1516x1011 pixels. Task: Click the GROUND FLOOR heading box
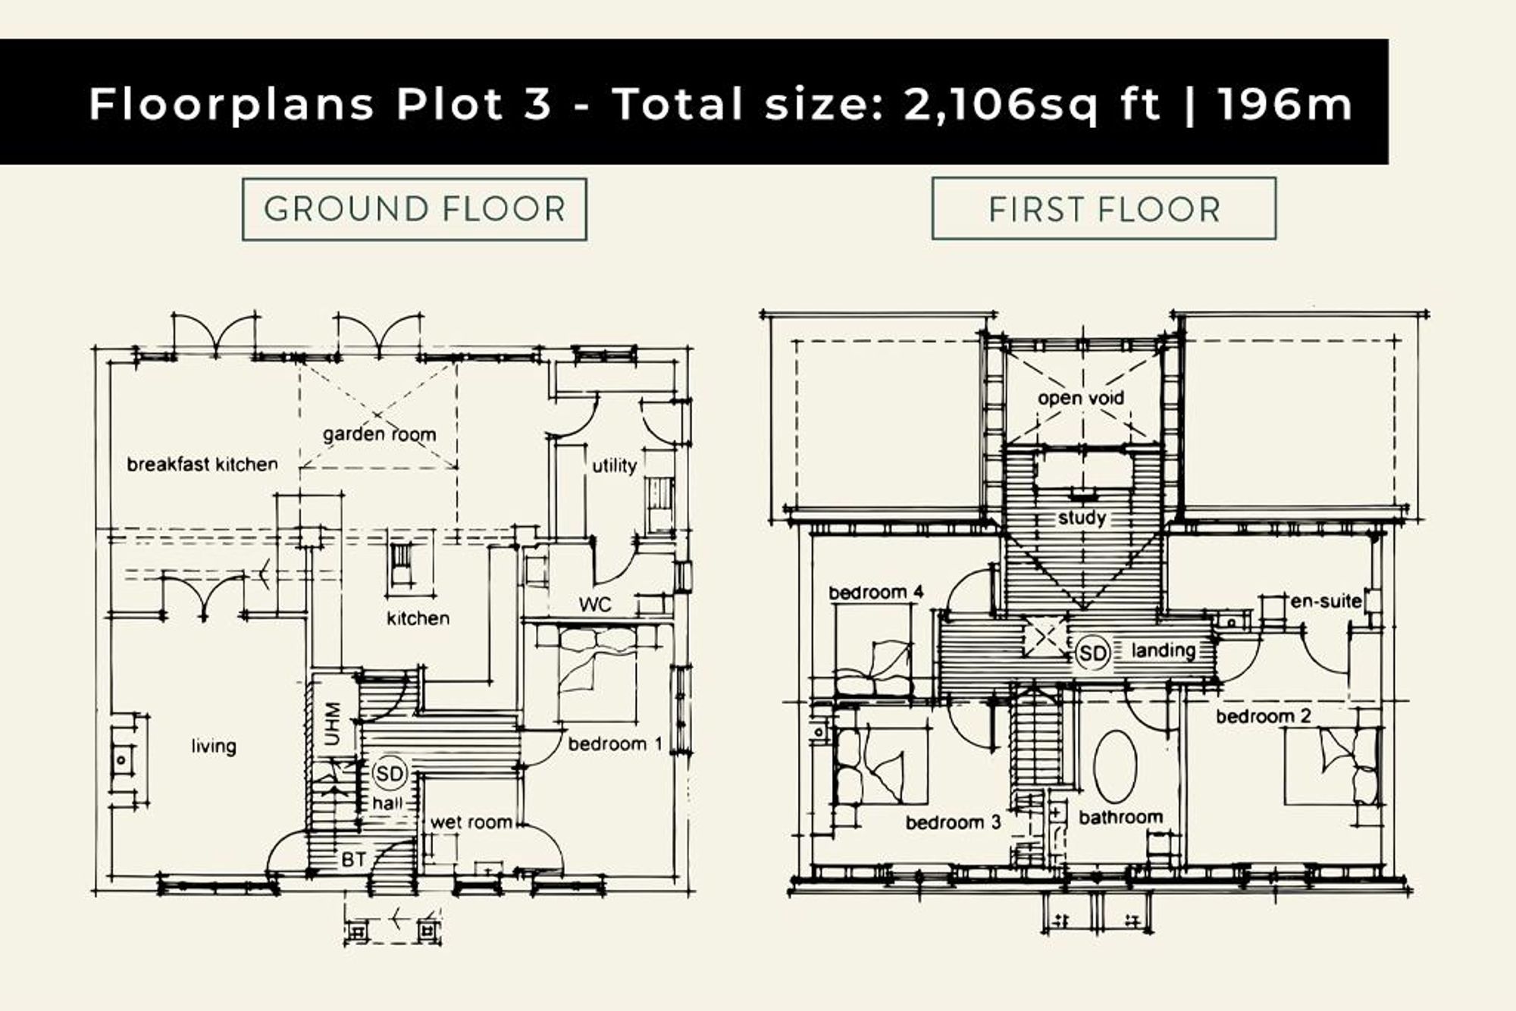[414, 209]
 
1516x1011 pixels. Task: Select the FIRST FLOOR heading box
[1104, 208]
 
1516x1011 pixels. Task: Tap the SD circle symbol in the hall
[390, 774]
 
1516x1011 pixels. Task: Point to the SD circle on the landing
[1092, 653]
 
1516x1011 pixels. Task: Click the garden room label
[379, 434]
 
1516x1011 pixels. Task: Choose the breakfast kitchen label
[202, 464]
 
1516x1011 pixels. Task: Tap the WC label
[595, 605]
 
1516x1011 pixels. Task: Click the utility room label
[614, 465]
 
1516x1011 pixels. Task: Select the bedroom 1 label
[615, 744]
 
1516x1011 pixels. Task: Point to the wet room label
[471, 822]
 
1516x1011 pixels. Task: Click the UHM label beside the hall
[332, 724]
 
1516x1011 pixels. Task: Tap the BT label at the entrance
[354, 859]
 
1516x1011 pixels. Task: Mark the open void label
[1081, 398]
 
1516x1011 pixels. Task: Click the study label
[1082, 518]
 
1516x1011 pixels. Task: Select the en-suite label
[1326, 601]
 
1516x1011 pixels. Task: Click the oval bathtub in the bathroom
[1116, 767]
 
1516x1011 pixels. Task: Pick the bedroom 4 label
[875, 592]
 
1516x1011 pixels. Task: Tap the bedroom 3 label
[954, 822]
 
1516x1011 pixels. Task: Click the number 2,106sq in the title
[1000, 105]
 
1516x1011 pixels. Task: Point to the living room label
[214, 747]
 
